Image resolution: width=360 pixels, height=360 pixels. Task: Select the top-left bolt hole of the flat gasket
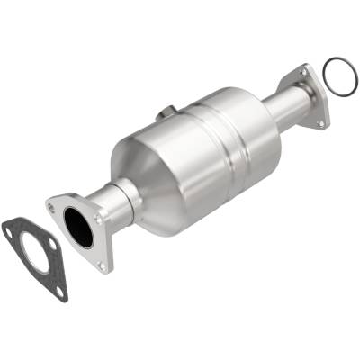(x=11, y=231)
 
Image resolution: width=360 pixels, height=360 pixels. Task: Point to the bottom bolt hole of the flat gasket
(x=60, y=291)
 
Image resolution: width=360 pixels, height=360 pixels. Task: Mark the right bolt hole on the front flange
(x=101, y=216)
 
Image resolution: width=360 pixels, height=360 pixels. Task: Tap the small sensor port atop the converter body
(x=167, y=112)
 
